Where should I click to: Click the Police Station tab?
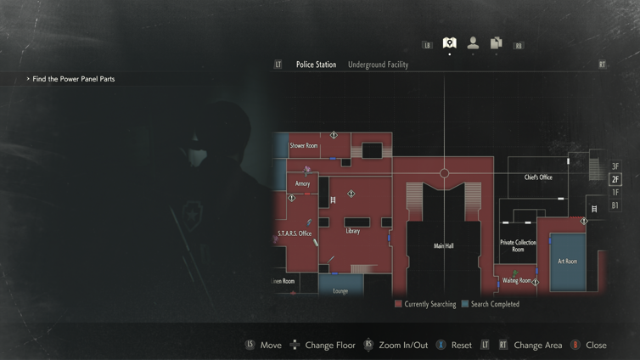[316, 65]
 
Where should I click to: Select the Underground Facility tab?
[378, 65]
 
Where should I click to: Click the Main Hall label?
[444, 246]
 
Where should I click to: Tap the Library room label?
[352, 231]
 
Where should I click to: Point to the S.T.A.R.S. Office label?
[295, 233]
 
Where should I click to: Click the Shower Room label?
[304, 146]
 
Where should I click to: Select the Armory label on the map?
[303, 183]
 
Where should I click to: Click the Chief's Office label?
[538, 177]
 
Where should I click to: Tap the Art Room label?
[567, 262]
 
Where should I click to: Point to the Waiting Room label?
[516, 280]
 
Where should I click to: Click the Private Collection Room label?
[518, 246]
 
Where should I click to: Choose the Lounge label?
[340, 291]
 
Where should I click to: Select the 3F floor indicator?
[615, 166]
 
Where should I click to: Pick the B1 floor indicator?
[615, 205]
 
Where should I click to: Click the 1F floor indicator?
[615, 193]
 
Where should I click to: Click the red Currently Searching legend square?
[398, 304]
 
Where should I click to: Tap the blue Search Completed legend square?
[464, 304]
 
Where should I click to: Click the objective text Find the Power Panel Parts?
[73, 79]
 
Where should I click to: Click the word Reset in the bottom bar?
[461, 346]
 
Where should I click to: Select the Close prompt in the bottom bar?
[596, 346]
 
